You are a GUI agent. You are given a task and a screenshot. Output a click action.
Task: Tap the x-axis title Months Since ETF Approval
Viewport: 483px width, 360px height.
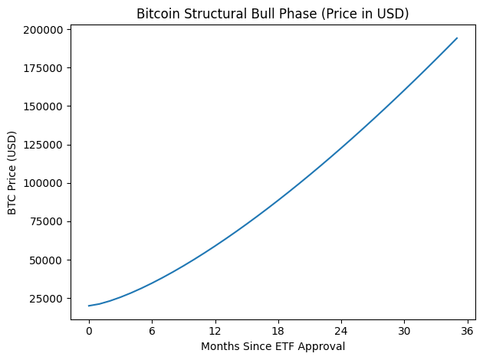pyautogui.click(x=273, y=346)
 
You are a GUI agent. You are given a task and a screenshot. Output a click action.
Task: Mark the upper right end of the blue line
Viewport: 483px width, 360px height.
pyautogui.click(x=457, y=38)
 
